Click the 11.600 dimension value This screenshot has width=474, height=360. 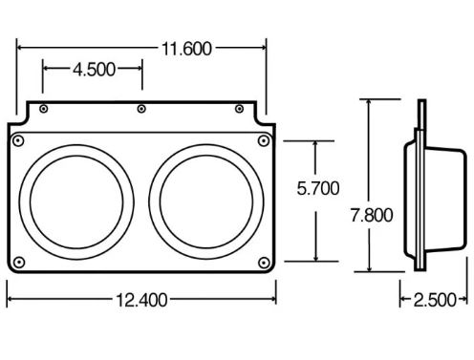[x=186, y=49]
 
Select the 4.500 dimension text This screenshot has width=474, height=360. [x=94, y=70]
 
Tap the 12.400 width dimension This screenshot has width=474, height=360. [x=141, y=300]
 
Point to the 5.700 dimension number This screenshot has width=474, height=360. [x=318, y=188]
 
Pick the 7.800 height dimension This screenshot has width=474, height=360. [x=372, y=215]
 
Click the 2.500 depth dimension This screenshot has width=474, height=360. [x=435, y=300]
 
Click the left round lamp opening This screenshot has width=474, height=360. [x=76, y=202]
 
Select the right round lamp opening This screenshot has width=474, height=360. [x=206, y=201]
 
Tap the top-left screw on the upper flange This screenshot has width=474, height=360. [x=44, y=109]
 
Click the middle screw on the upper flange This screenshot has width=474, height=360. [x=141, y=109]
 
